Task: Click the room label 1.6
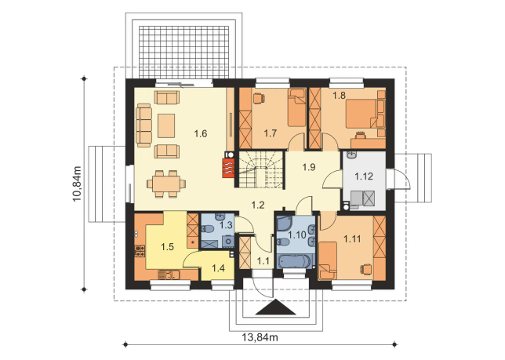tap(200, 133)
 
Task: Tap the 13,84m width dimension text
tap(260, 337)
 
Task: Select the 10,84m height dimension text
tap(78, 184)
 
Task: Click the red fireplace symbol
tap(228, 167)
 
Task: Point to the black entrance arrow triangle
tap(276, 307)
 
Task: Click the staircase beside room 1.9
tap(260, 169)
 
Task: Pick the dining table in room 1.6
tap(166, 184)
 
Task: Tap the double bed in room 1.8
tap(361, 114)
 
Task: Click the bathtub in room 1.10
tap(296, 261)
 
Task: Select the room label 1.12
tap(364, 176)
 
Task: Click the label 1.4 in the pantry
tap(218, 268)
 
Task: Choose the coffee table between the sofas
tap(166, 125)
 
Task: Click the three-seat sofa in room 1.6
tap(144, 125)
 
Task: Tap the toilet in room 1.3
tap(208, 229)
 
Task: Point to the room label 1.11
tap(352, 239)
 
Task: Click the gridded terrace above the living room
tap(184, 52)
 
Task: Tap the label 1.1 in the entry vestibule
tap(263, 261)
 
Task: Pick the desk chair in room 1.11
tap(366, 269)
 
